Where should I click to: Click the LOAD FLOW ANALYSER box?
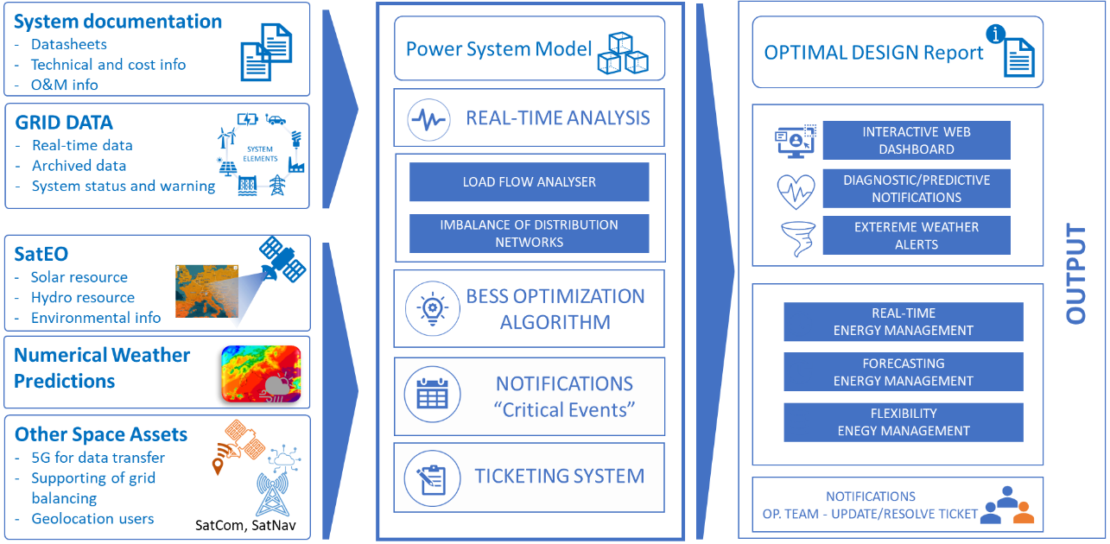click(x=529, y=182)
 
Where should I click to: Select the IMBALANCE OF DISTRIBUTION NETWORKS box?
click(x=529, y=233)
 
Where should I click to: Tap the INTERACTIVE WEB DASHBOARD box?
click(x=916, y=141)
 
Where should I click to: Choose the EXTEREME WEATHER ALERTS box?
click(x=916, y=236)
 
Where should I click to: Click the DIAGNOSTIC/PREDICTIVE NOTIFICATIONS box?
click(x=916, y=188)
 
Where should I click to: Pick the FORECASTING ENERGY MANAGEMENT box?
click(x=903, y=372)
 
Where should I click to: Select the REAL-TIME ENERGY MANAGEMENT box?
click(x=903, y=322)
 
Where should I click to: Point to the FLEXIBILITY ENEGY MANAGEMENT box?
click(x=903, y=422)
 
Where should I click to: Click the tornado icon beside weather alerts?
click(x=796, y=239)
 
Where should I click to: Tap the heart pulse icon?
click(x=796, y=191)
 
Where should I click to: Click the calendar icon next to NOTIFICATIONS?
click(x=431, y=395)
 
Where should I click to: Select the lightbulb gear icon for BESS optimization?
click(x=431, y=307)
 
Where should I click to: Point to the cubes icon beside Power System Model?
click(x=622, y=52)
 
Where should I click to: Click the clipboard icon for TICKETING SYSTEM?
click(x=431, y=477)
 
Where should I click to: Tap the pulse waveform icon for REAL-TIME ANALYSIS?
click(x=431, y=118)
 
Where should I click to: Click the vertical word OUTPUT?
click(x=1075, y=275)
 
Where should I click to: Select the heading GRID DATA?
click(x=63, y=123)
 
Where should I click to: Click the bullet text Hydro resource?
click(x=83, y=298)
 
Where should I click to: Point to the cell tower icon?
click(x=272, y=495)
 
